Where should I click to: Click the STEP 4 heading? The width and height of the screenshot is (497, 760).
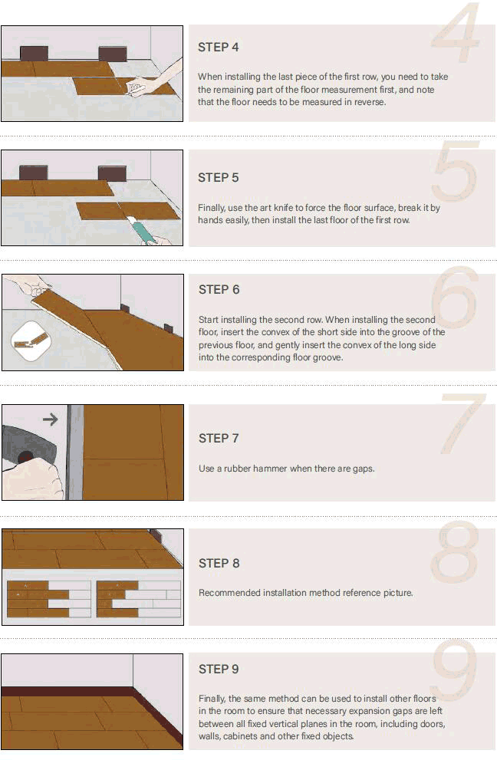[218, 48]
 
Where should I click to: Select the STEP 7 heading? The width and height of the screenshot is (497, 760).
[219, 439]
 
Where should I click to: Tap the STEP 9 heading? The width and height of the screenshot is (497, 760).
[219, 670]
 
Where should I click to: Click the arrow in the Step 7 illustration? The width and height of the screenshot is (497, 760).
[51, 419]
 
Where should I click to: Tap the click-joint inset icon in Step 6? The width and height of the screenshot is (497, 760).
[31, 341]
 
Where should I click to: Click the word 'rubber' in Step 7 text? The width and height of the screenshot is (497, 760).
[237, 469]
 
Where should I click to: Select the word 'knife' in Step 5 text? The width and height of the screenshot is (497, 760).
[283, 208]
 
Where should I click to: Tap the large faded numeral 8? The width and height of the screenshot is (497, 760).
[455, 552]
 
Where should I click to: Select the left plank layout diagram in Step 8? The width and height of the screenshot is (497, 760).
[49, 599]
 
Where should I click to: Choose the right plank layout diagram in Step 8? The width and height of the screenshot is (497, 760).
[139, 599]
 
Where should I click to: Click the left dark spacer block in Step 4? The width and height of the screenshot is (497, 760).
[34, 54]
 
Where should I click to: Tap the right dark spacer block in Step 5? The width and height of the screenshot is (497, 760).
[112, 173]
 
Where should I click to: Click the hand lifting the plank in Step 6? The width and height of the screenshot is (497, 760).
[30, 285]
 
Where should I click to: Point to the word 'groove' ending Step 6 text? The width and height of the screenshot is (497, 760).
[327, 357]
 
